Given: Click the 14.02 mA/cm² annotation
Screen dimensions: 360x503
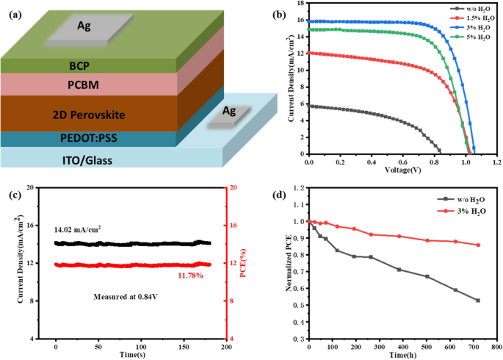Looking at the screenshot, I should coord(78,229).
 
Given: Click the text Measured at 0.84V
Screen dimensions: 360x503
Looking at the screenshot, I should coord(121,297).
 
